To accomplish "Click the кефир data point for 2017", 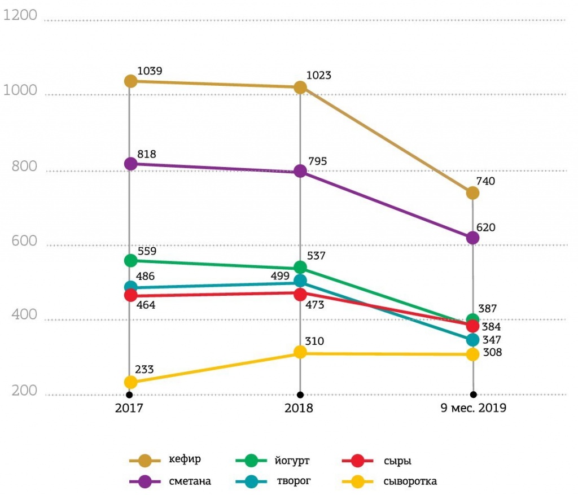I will point(130,81).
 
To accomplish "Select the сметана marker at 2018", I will point(300,171).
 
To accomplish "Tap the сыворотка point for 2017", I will point(130,382).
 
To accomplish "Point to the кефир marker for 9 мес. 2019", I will point(472,193).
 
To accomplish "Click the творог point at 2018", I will point(300,281).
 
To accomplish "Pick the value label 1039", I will point(150,71).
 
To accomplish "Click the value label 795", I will point(317,161).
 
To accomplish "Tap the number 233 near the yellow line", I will point(144,370).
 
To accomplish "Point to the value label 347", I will point(492,340).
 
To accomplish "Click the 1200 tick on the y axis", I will point(20,16).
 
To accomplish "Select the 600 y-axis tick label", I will point(24,242).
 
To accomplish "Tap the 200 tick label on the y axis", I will point(24,391).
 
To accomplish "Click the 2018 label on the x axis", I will point(300,408).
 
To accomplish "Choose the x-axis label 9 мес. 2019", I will point(473,408).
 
